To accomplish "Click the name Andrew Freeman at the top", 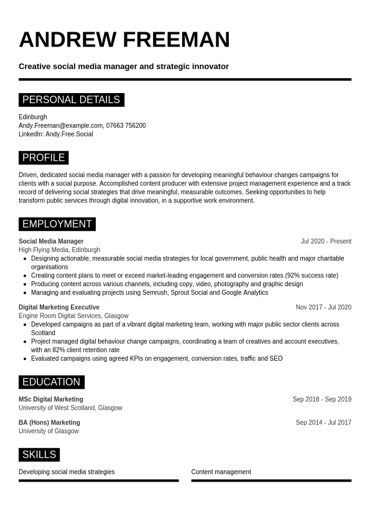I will tap(124, 40).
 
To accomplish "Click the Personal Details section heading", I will tap(71, 100).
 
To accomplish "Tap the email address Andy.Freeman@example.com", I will tap(60, 125).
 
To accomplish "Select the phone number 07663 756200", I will tap(126, 125).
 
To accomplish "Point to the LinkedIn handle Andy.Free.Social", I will tap(69, 134).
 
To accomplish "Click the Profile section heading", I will tap(44, 158).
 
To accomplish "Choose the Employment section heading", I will tap(57, 224).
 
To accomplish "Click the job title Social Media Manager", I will tap(51, 241).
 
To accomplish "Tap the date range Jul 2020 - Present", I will tap(326, 241).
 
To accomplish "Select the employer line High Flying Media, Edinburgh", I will tap(59, 250).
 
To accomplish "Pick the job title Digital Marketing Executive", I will tap(59, 307).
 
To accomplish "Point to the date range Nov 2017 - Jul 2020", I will tap(323, 307).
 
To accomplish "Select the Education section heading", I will tap(51, 382).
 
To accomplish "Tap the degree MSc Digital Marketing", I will tap(51, 400).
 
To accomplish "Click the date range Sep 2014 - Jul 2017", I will tap(323, 423).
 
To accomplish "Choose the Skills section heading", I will tap(39, 455).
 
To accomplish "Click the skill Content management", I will tap(221, 472).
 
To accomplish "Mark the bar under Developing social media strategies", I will tap(98, 480).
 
